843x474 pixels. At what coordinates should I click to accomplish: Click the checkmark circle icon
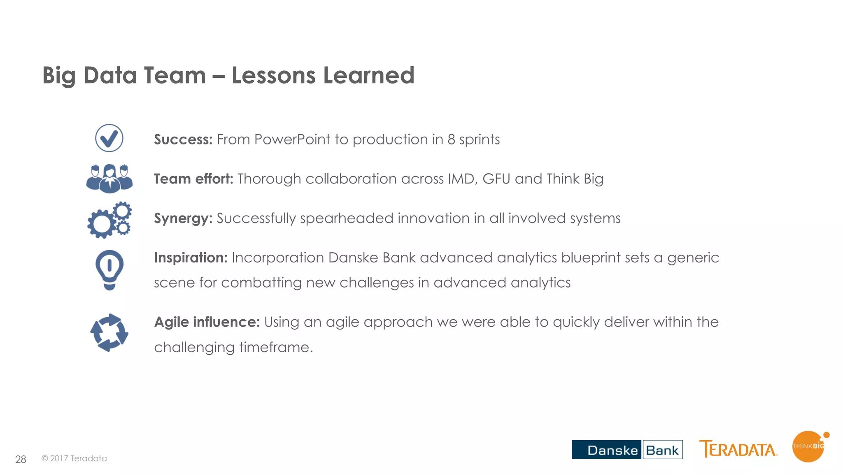[109, 138]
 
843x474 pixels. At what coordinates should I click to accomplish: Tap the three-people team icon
[109, 179]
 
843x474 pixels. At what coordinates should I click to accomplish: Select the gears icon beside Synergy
[109, 219]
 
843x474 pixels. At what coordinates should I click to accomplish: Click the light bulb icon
[109, 270]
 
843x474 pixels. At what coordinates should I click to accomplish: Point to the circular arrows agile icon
[109, 332]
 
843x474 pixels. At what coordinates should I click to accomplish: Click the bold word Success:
[183, 139]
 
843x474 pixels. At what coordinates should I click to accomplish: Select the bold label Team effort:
[193, 179]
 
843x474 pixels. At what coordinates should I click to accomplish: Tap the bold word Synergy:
[183, 218]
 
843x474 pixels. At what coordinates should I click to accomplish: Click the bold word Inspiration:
[191, 258]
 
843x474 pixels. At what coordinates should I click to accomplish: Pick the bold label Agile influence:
[207, 322]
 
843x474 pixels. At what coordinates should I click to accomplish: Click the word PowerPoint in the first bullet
[292, 139]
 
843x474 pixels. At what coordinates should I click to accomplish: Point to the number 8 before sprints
[451, 139]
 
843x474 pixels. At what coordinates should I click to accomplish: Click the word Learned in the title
[368, 75]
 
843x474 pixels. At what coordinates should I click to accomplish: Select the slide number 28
[21, 459]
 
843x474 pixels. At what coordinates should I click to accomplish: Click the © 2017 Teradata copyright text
[74, 458]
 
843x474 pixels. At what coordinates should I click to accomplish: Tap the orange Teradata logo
[738, 449]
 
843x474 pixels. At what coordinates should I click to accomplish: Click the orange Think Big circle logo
[808, 447]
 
